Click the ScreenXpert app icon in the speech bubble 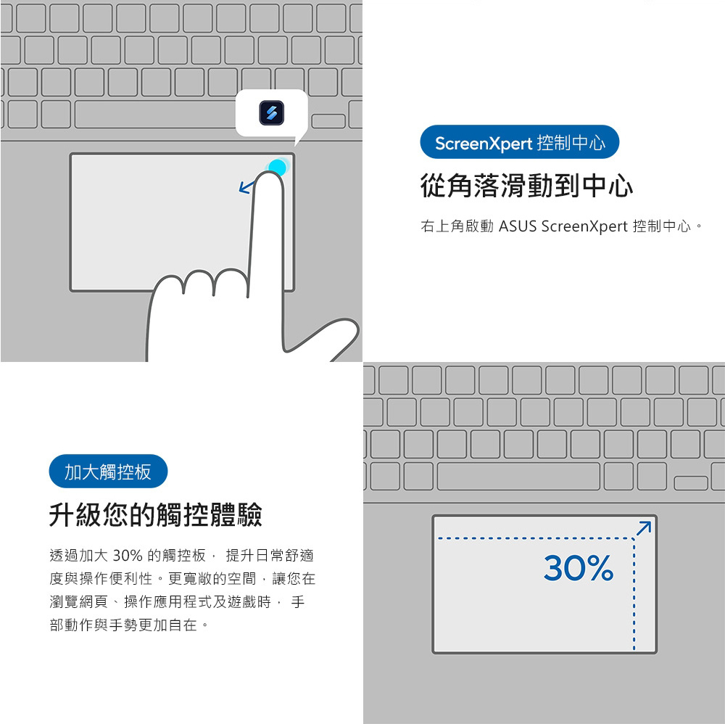pyautogui.click(x=271, y=113)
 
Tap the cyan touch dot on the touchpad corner pyautogui.click(x=278, y=167)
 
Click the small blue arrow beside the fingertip pyautogui.click(x=246, y=187)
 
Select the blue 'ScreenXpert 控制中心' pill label pyautogui.click(x=519, y=142)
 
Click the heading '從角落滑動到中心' pyautogui.click(x=526, y=186)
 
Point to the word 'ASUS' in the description pyautogui.click(x=518, y=226)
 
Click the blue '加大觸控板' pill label pyautogui.click(x=108, y=472)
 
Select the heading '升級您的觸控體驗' pyautogui.click(x=156, y=514)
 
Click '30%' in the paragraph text pyautogui.click(x=127, y=555)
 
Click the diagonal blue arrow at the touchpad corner pyautogui.click(x=644, y=528)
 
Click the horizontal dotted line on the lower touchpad pyautogui.click(x=536, y=538)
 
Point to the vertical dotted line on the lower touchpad pyautogui.click(x=634, y=594)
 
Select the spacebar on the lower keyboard pyautogui.click(x=518, y=476)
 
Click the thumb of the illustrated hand pyautogui.click(x=323, y=338)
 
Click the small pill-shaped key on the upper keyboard pyautogui.click(x=328, y=120)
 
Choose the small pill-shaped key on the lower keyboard pyautogui.click(x=691, y=483)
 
